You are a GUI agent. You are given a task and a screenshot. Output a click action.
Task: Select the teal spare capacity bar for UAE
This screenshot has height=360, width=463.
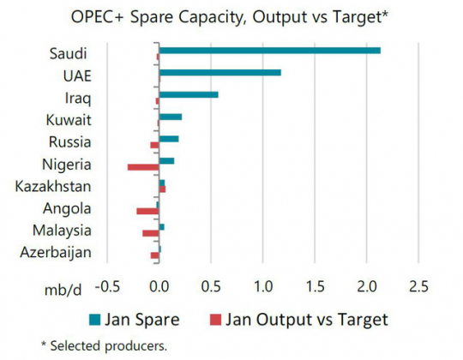click(x=219, y=73)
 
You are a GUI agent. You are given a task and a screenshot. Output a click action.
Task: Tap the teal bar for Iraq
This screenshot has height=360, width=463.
click(x=189, y=94)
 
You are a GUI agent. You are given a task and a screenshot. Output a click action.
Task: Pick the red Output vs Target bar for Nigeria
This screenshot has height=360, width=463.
click(x=143, y=166)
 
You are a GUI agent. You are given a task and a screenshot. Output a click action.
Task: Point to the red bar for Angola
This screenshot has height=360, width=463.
click(x=147, y=211)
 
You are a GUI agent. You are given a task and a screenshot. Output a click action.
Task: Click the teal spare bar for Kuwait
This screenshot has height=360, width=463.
click(x=171, y=117)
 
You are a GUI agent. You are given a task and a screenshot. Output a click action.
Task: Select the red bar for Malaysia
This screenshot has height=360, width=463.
click(x=151, y=233)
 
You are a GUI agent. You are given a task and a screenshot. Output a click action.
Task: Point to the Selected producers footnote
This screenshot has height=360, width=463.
click(x=105, y=345)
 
